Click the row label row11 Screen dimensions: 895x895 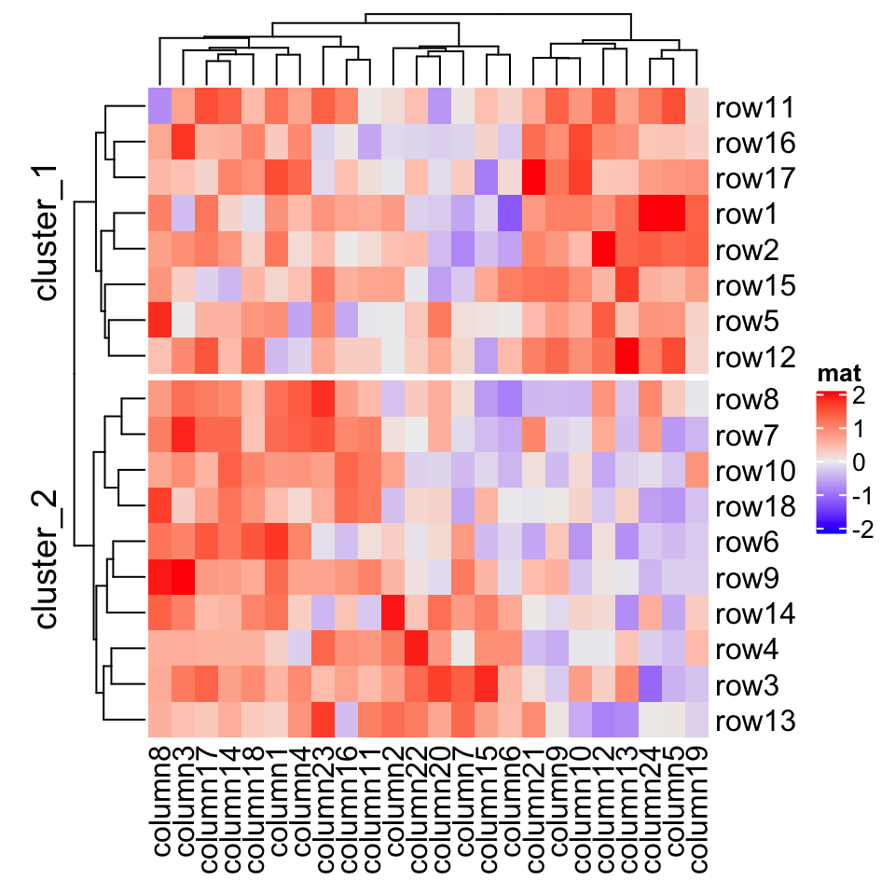pos(754,108)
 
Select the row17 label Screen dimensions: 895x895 pos(754,179)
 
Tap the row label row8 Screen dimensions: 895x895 pos(749,400)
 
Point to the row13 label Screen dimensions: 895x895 pos(754,721)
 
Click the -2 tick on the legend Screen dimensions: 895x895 pos(863,530)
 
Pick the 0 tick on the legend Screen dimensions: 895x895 pos(859,463)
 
